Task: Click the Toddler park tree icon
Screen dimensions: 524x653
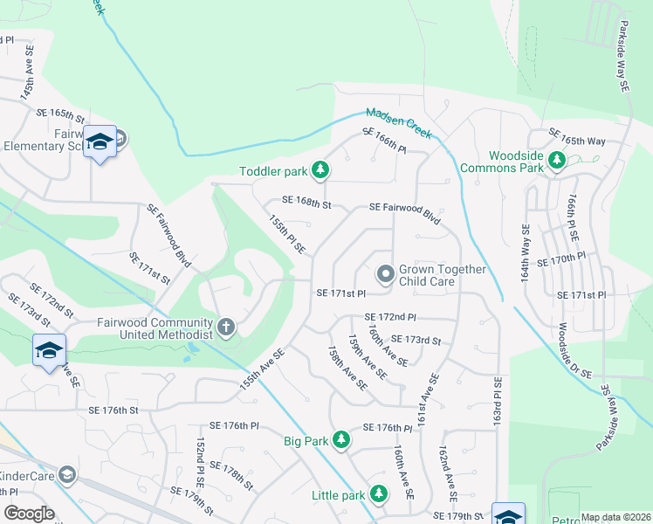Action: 320,169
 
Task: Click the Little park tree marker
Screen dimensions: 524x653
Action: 378,495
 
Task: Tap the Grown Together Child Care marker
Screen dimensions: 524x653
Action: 384,275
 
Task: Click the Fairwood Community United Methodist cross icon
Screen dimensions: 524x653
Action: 226,328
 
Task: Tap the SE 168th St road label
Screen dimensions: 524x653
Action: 306,205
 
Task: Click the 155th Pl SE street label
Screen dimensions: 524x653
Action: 286,235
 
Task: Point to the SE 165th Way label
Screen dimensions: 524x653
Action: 576,135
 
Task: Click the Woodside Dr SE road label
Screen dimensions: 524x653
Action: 574,350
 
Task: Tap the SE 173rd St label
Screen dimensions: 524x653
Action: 416,339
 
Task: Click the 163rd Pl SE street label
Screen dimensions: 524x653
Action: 497,401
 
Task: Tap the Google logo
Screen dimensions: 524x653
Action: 30,513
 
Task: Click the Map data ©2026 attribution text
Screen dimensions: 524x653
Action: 615,517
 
